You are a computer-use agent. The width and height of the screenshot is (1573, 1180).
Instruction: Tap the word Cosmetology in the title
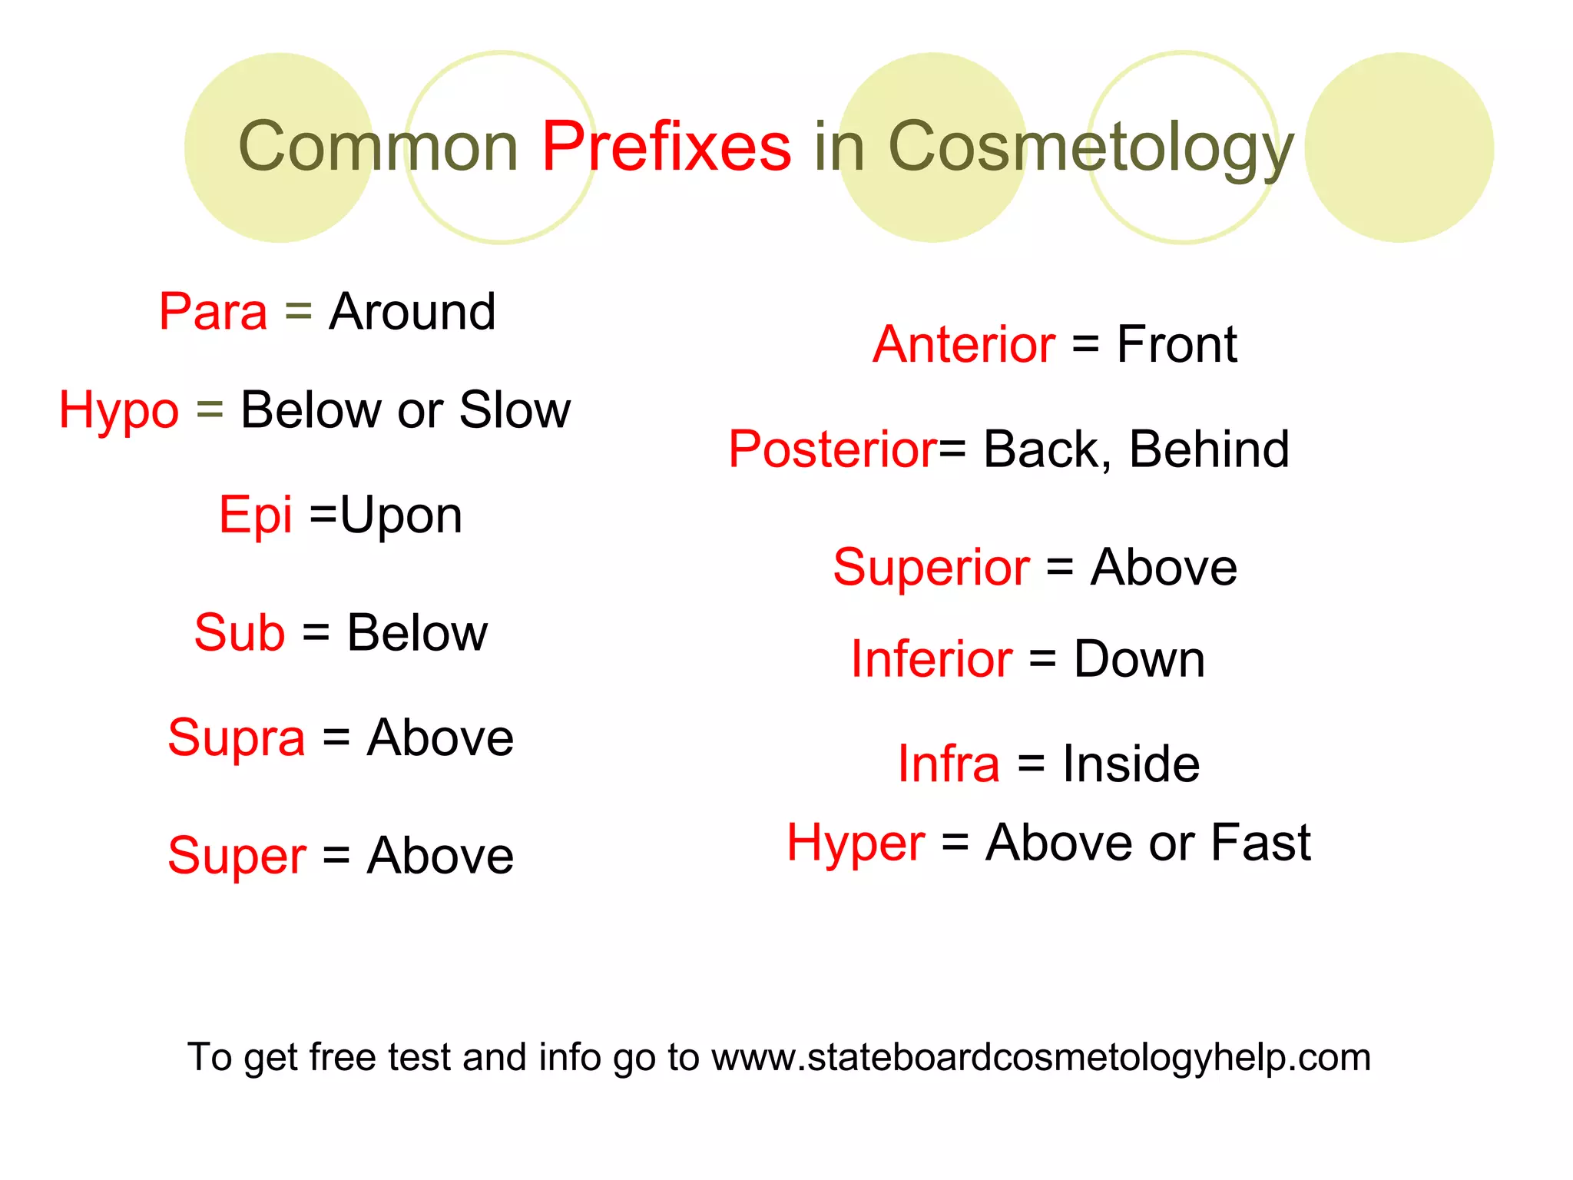pyautogui.click(x=1091, y=147)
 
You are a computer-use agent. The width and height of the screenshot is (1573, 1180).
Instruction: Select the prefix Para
pyautogui.click(x=213, y=312)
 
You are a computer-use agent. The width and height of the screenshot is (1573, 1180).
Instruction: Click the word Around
pyautogui.click(x=412, y=312)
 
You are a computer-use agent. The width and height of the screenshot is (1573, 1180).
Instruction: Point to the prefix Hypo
pyautogui.click(x=119, y=410)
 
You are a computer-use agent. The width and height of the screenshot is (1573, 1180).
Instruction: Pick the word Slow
pyautogui.click(x=515, y=409)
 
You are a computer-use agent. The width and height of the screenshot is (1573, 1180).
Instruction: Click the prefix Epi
pyautogui.click(x=255, y=515)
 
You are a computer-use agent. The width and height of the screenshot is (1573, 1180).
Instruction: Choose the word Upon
pyautogui.click(x=401, y=516)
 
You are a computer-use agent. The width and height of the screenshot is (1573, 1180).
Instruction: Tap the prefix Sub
pyautogui.click(x=240, y=633)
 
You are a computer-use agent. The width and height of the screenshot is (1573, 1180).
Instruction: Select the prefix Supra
pyautogui.click(x=237, y=738)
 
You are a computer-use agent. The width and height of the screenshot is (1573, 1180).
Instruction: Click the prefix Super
pyautogui.click(x=237, y=856)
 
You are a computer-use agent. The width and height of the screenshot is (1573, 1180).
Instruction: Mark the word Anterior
pyautogui.click(x=964, y=344)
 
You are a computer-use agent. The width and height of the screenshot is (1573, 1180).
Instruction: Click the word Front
pyautogui.click(x=1177, y=344)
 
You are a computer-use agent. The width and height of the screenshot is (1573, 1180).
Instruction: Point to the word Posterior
pyautogui.click(x=833, y=449)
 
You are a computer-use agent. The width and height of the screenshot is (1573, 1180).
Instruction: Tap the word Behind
pyautogui.click(x=1209, y=449)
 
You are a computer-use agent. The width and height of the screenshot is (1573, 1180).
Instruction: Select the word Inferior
pyautogui.click(x=932, y=659)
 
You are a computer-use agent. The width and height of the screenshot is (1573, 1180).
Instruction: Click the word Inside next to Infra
pyautogui.click(x=1131, y=764)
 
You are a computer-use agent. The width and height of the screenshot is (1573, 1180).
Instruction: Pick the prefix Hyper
pyautogui.click(x=856, y=844)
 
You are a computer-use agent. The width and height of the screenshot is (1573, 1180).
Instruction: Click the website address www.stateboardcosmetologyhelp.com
pyautogui.click(x=1041, y=1057)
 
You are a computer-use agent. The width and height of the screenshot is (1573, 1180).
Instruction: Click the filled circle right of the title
pyautogui.click(x=1399, y=147)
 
